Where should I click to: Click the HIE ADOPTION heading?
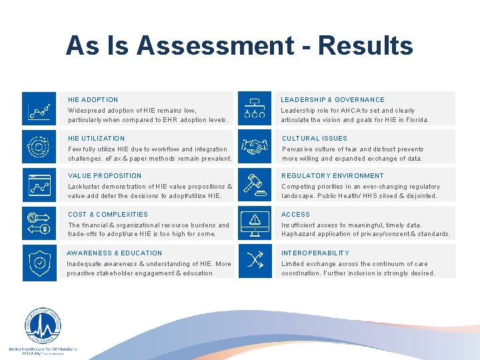(x=93, y=99)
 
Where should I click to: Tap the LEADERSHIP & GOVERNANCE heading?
(x=333, y=99)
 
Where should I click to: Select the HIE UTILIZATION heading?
(x=97, y=138)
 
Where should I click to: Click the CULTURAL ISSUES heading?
(x=315, y=138)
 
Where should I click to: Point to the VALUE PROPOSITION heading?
(x=105, y=175)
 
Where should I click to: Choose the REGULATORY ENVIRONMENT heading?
(x=333, y=175)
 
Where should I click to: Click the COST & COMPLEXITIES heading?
(x=108, y=214)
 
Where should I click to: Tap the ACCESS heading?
(x=295, y=214)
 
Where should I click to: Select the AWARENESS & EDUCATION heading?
(x=115, y=253)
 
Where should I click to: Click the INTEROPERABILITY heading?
(x=315, y=253)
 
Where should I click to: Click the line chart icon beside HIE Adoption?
(x=39, y=109)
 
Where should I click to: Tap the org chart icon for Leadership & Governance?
(x=255, y=109)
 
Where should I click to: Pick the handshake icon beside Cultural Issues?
(x=255, y=147)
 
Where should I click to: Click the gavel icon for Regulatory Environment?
(x=255, y=185)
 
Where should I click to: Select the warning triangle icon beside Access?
(x=255, y=223)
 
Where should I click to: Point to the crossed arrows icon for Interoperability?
(x=255, y=261)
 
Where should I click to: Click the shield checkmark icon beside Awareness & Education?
(x=39, y=262)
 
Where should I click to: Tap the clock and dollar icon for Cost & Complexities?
(x=39, y=223)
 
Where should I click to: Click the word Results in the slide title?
(x=365, y=45)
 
